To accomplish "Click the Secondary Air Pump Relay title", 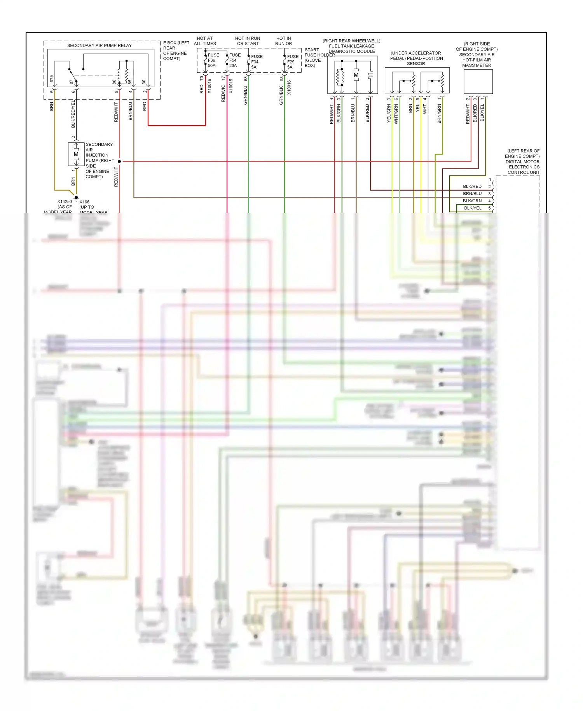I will (99, 46).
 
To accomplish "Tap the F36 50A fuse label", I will (213, 60).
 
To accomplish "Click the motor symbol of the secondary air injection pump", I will (76, 155).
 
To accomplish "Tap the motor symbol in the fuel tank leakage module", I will (356, 75).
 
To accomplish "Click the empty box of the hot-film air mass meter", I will (478, 82).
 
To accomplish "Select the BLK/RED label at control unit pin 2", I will (472, 186).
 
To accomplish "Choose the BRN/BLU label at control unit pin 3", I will (472, 194).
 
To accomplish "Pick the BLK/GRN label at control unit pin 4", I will (472, 201).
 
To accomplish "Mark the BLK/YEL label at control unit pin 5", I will (473, 208).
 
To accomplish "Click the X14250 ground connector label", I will (65, 201).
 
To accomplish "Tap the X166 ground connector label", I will (84, 202).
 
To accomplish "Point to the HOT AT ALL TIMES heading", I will (205, 41).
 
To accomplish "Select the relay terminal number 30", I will (144, 82).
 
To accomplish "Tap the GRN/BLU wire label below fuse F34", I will (245, 95).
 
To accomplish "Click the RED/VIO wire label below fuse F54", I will (223, 93).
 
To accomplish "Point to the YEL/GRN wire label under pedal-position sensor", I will (389, 114).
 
